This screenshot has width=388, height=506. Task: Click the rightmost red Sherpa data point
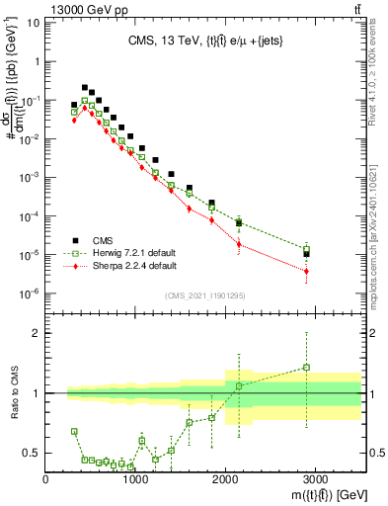pos(307,271)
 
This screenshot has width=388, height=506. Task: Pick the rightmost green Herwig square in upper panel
pos(307,249)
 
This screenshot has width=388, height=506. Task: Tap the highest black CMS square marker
pos(85,88)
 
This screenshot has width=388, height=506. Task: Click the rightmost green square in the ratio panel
pos(307,368)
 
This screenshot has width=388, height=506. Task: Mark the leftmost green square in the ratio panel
pos(74,431)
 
